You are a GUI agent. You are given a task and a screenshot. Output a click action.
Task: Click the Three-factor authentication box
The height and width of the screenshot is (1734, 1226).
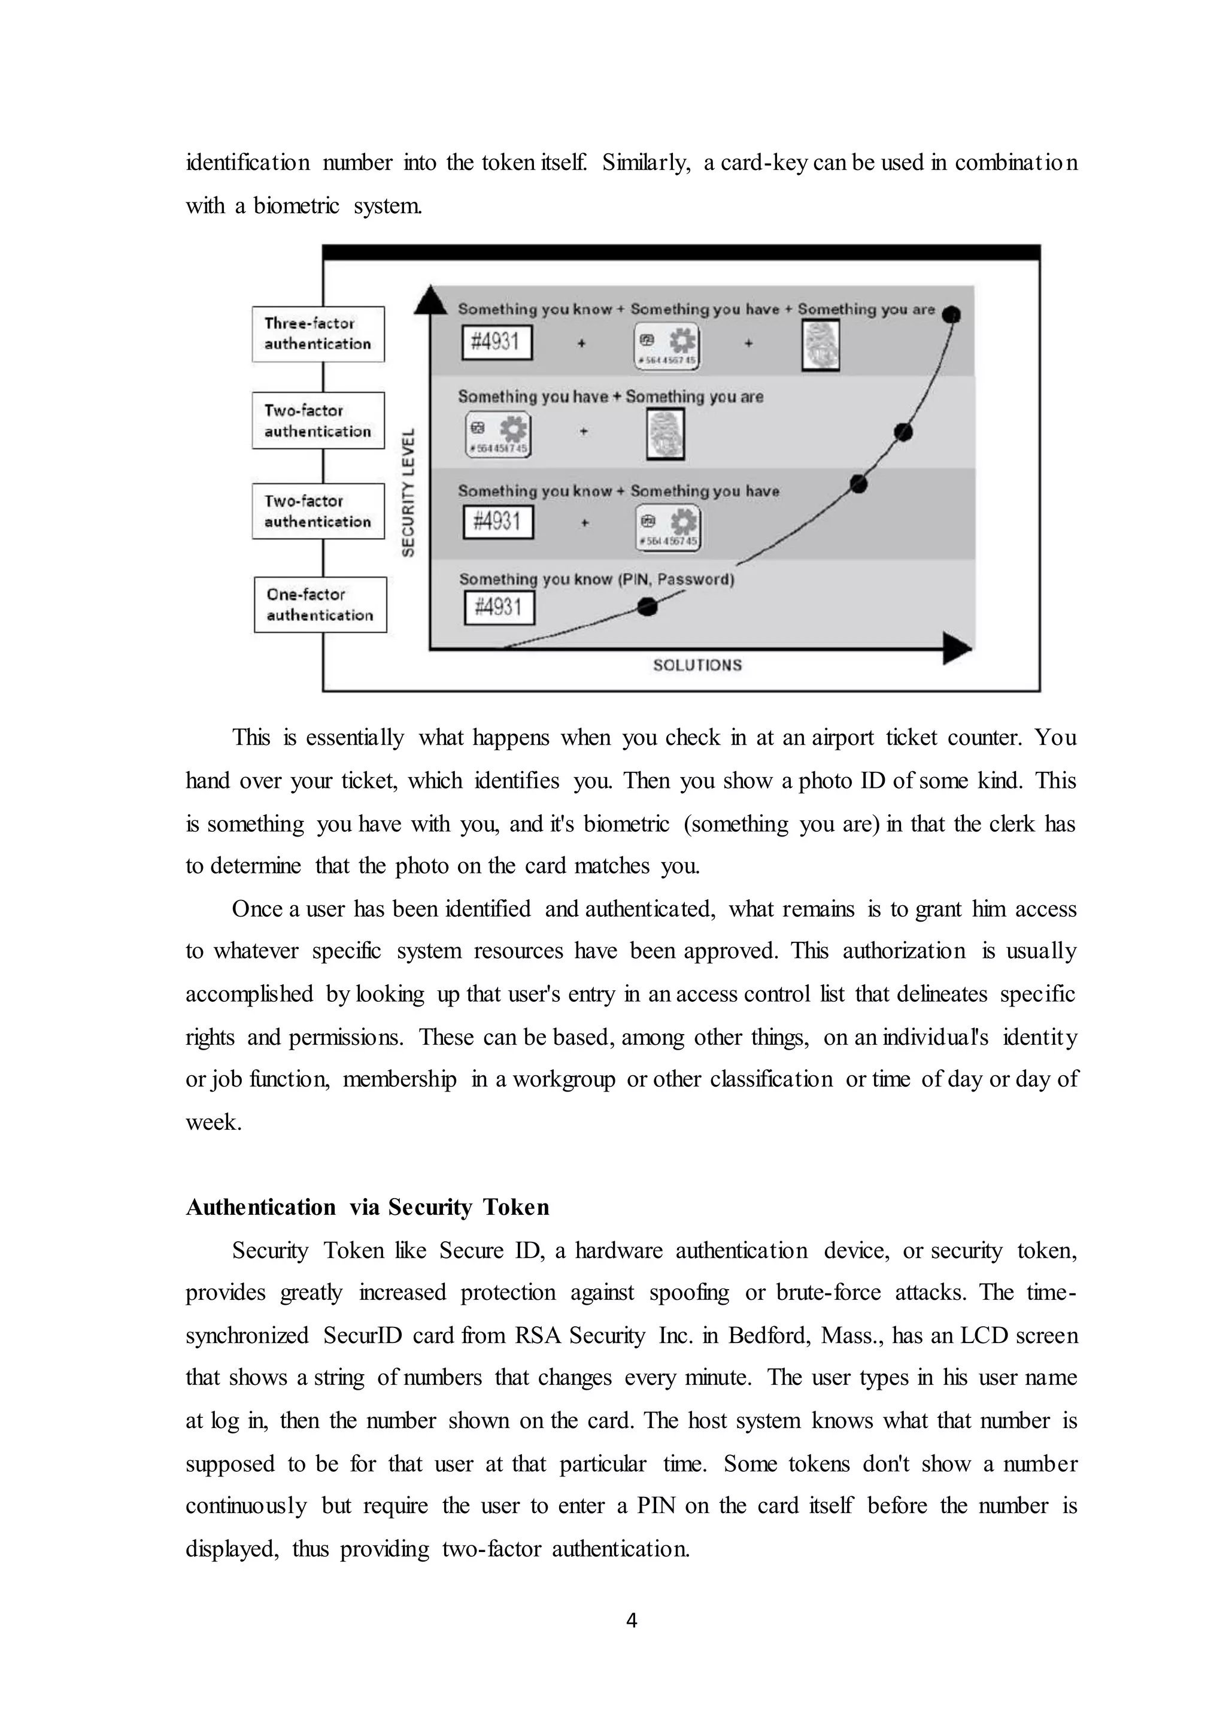(318, 334)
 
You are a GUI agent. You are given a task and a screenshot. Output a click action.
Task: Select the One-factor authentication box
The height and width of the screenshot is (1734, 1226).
(320, 605)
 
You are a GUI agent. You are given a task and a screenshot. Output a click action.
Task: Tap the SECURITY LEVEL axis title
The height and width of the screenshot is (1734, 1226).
(408, 492)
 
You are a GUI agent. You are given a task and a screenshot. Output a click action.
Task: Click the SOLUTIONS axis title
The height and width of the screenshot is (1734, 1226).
(697, 665)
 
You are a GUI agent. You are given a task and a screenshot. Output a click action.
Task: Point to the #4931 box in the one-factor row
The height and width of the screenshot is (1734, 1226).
(499, 607)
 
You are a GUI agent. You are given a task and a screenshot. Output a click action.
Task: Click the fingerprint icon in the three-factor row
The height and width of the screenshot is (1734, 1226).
(821, 346)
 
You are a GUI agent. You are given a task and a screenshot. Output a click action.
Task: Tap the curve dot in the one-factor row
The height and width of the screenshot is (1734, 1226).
(647, 607)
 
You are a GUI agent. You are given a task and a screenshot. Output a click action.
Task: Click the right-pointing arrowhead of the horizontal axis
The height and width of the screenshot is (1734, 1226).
(957, 648)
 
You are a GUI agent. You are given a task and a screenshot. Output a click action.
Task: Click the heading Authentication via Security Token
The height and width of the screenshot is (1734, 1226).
(367, 1207)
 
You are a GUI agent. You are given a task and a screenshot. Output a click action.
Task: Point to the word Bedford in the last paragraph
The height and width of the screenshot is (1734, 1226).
(769, 1335)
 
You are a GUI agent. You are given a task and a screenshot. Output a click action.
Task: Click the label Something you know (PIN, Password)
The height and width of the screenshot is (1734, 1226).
(596, 579)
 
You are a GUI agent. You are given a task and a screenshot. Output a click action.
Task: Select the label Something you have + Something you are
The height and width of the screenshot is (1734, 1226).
(610, 396)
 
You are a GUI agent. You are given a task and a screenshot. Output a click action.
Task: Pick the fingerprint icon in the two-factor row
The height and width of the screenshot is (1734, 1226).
(665, 434)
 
